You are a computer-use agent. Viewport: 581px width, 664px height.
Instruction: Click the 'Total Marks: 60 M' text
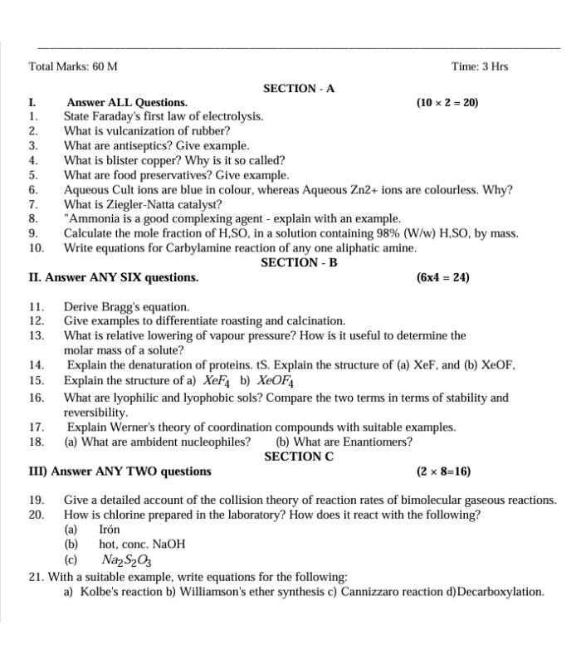73,66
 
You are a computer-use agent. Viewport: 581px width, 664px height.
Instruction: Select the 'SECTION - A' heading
299,88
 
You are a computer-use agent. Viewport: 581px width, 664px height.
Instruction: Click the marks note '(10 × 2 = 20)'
447,103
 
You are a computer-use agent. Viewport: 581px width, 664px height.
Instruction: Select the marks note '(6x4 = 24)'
442,277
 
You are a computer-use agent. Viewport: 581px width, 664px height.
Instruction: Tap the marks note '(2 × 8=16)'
443,471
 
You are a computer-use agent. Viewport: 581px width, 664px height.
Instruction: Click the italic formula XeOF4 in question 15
276,381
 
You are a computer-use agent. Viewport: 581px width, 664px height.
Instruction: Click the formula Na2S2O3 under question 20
127,560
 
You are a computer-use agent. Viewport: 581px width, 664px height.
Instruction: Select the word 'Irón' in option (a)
110,529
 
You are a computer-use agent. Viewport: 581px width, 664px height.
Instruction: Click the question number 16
36,398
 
